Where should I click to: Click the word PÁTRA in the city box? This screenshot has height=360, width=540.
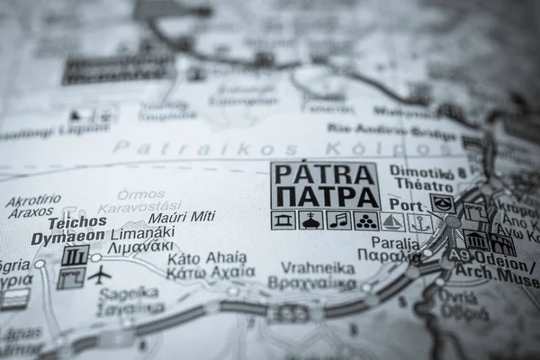click(324, 174)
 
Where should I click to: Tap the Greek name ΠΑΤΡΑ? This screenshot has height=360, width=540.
click(324, 196)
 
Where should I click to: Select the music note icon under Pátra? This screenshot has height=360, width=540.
click(337, 220)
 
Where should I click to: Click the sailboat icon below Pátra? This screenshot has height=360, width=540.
click(392, 221)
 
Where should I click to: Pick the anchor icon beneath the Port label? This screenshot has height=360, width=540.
click(419, 222)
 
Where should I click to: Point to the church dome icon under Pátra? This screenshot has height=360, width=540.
click(310, 220)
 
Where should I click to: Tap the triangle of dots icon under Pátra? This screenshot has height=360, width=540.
click(365, 220)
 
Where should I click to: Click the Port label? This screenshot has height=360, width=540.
click(406, 205)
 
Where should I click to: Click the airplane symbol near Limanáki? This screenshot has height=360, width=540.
click(100, 274)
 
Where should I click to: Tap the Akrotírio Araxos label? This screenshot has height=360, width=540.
click(33, 206)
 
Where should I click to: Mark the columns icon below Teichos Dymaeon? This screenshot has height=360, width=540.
click(75, 256)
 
